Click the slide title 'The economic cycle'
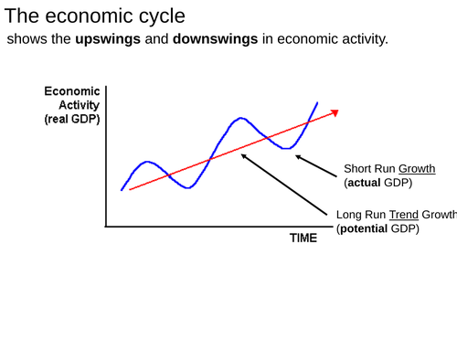(x=94, y=16)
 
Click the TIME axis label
(x=303, y=238)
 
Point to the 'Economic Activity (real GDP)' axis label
(x=72, y=105)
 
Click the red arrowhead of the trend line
(x=335, y=112)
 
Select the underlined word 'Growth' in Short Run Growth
(x=417, y=169)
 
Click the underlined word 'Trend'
(x=403, y=215)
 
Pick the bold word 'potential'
(x=363, y=228)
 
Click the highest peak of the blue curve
(x=240, y=118)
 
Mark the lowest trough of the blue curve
(x=187, y=187)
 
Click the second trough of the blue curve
(x=287, y=147)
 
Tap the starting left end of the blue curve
(x=122, y=190)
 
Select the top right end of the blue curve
(x=317, y=102)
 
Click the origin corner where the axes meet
(x=106, y=226)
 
